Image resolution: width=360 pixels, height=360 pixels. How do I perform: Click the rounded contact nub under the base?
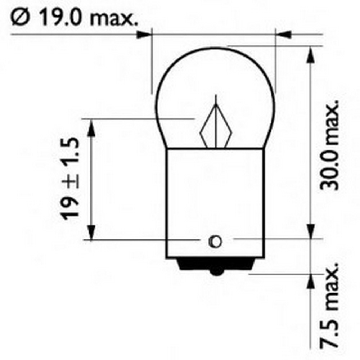[216, 272]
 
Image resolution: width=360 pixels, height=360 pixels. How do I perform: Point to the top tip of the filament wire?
[216, 96]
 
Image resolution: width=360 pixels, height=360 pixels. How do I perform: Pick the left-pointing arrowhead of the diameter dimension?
[283, 35]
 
